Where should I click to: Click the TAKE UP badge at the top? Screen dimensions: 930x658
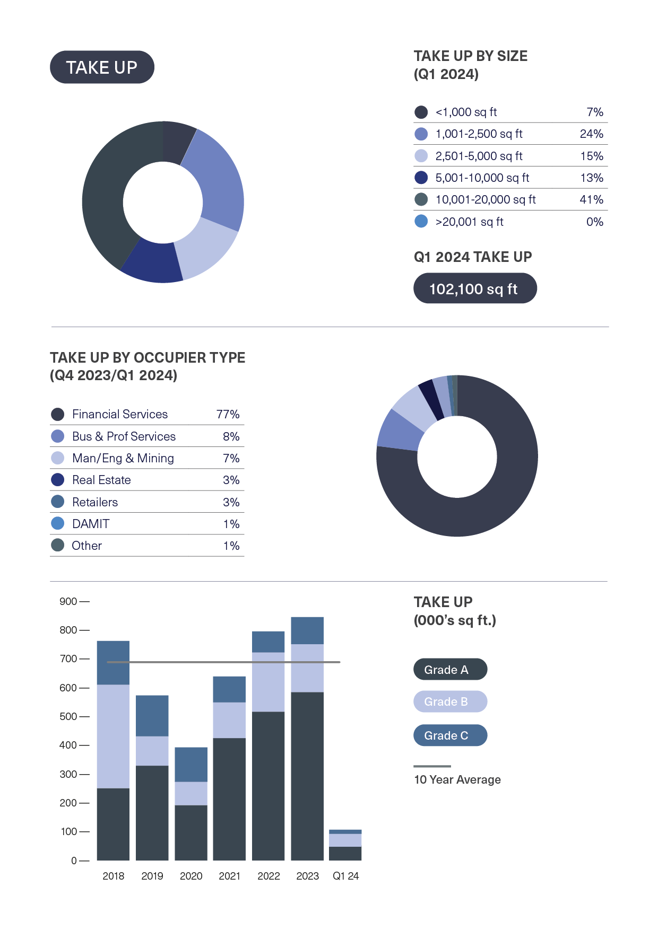pos(102,67)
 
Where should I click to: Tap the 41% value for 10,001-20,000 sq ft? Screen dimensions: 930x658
pos(591,200)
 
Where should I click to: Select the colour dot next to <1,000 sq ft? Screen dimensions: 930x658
pos(421,112)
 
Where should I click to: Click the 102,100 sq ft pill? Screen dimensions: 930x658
pos(474,288)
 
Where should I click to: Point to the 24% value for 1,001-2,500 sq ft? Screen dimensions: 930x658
pos(591,134)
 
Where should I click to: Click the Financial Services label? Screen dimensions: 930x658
pos(120,414)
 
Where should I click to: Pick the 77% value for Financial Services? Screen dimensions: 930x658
pos(228,414)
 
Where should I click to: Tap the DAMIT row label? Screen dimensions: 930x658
pos(91,524)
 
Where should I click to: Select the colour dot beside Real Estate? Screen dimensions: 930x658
pos(57,480)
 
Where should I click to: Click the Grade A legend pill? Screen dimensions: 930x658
pos(449,670)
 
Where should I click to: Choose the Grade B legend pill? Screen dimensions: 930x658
pos(449,701)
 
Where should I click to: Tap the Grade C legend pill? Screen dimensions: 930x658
pos(449,735)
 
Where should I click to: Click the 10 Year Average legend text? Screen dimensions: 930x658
pos(457,779)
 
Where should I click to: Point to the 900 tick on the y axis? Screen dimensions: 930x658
pos(68,601)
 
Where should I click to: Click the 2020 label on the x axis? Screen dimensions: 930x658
pos(191,876)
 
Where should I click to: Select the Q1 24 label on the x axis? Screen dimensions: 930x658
pos(345,876)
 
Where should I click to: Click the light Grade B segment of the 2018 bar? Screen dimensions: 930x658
pos(113,736)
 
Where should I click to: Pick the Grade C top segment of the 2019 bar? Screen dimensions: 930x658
pos(152,716)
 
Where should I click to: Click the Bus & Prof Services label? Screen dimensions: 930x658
pos(124,436)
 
